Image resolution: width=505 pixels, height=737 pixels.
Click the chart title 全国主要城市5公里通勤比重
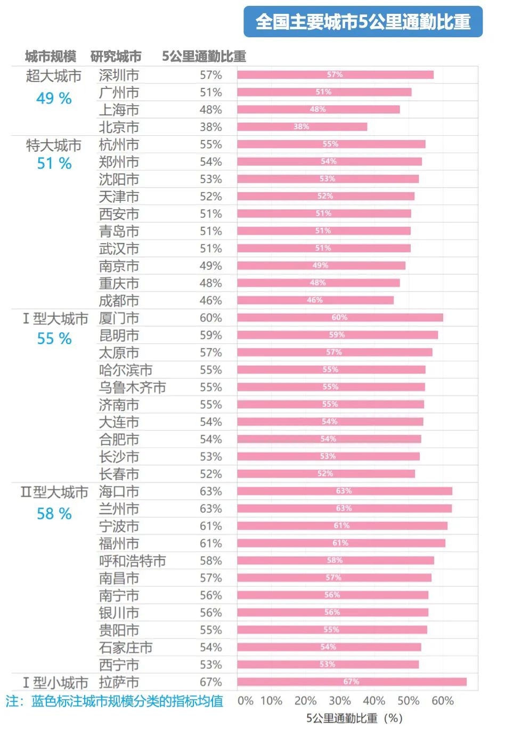363,22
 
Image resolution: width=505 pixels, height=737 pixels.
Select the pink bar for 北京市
302,127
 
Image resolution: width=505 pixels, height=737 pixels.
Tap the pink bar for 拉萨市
352,682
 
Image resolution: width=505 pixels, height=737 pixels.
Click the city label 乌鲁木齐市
132,387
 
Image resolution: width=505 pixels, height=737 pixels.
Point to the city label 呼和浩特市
132,561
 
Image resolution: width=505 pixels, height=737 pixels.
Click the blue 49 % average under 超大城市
54,99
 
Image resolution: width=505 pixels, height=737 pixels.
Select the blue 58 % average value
54,514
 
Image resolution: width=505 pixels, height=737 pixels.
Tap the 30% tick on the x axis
339,701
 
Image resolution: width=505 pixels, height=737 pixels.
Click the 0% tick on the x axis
245,701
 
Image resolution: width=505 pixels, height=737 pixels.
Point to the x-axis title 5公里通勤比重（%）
354,718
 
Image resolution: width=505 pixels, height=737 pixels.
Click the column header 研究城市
116,56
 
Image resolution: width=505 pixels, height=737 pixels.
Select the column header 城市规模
51,56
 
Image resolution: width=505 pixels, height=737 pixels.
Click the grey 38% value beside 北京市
210,127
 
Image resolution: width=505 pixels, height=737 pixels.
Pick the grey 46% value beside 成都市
210,300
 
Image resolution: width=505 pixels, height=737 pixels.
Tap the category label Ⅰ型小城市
55,682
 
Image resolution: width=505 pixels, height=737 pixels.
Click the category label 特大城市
54,145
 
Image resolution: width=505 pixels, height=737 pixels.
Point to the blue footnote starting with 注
115,701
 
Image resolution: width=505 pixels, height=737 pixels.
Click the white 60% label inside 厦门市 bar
339,317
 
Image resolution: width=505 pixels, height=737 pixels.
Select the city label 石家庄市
126,648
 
